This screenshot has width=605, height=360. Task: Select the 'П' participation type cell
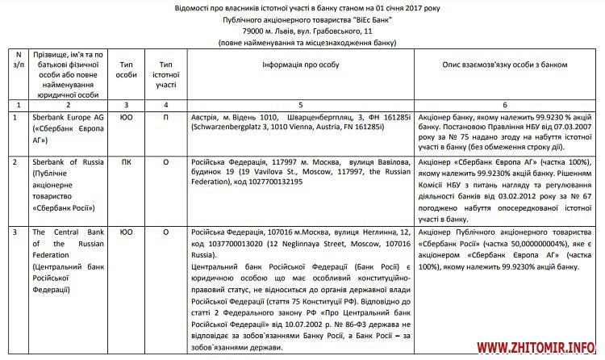point(166,117)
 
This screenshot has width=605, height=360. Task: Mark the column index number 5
point(300,106)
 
